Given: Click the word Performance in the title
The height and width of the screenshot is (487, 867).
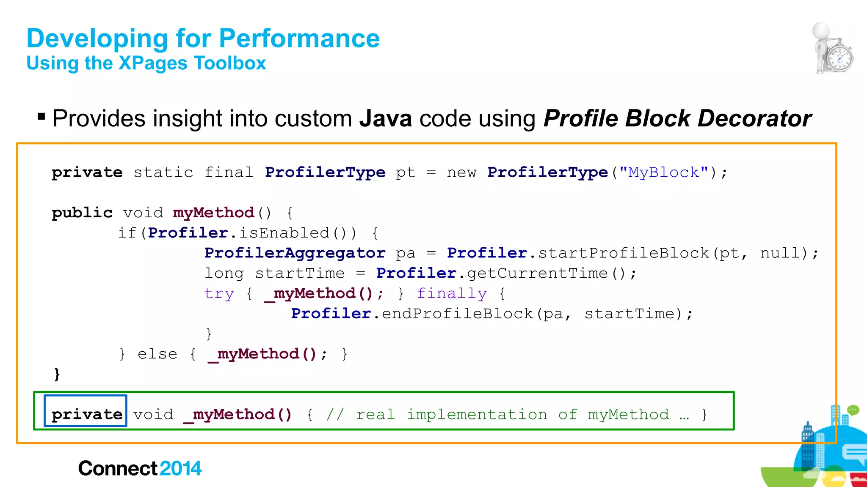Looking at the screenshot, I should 299,38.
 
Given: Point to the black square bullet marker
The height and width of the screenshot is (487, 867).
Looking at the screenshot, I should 41,116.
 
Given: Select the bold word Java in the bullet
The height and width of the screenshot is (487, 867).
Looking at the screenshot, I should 385,118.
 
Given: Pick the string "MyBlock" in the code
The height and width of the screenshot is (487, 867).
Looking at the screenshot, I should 663,172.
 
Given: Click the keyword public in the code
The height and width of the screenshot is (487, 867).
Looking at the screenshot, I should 82,213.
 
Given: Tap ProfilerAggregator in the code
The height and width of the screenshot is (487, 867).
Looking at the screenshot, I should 295,253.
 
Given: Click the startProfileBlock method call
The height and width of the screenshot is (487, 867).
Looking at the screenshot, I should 623,253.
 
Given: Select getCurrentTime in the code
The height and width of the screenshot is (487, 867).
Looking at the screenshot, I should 537,273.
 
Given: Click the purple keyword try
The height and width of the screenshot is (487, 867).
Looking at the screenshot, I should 219,293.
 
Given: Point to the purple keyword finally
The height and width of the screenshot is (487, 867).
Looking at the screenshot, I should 452,293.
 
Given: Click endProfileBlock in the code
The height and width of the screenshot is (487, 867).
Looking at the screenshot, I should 457,314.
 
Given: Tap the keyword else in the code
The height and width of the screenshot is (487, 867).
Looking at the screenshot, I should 157,354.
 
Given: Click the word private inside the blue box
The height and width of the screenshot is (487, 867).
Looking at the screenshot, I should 87,414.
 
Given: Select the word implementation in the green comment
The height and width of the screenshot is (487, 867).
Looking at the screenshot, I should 477,414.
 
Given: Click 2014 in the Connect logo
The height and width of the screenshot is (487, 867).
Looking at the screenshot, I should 181,468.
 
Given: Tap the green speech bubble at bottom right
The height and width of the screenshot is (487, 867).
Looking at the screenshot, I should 853,410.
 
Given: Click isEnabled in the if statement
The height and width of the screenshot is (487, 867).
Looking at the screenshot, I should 284,233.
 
